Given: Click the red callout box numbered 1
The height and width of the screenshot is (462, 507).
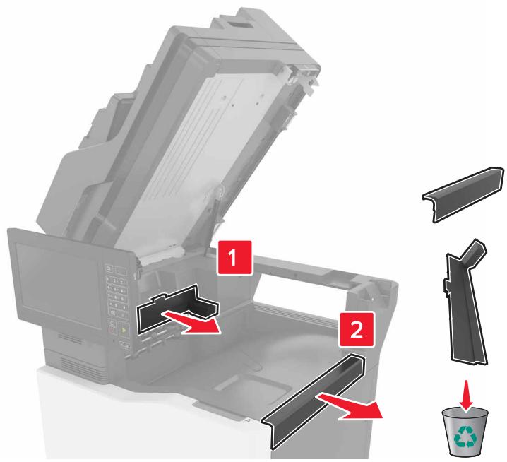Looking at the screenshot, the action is [x=234, y=258].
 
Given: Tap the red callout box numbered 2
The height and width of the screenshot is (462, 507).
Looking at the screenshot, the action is [x=357, y=329].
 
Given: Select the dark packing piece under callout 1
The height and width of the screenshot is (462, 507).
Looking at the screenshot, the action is [x=177, y=307].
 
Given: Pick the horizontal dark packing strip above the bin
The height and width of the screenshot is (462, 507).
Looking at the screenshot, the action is [x=463, y=195].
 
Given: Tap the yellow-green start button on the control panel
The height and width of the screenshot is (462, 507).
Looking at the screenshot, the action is [x=124, y=330].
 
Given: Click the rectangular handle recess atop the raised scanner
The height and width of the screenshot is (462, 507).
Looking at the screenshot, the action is [x=238, y=23].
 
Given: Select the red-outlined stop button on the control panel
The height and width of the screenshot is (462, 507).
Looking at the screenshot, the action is [x=112, y=331].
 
